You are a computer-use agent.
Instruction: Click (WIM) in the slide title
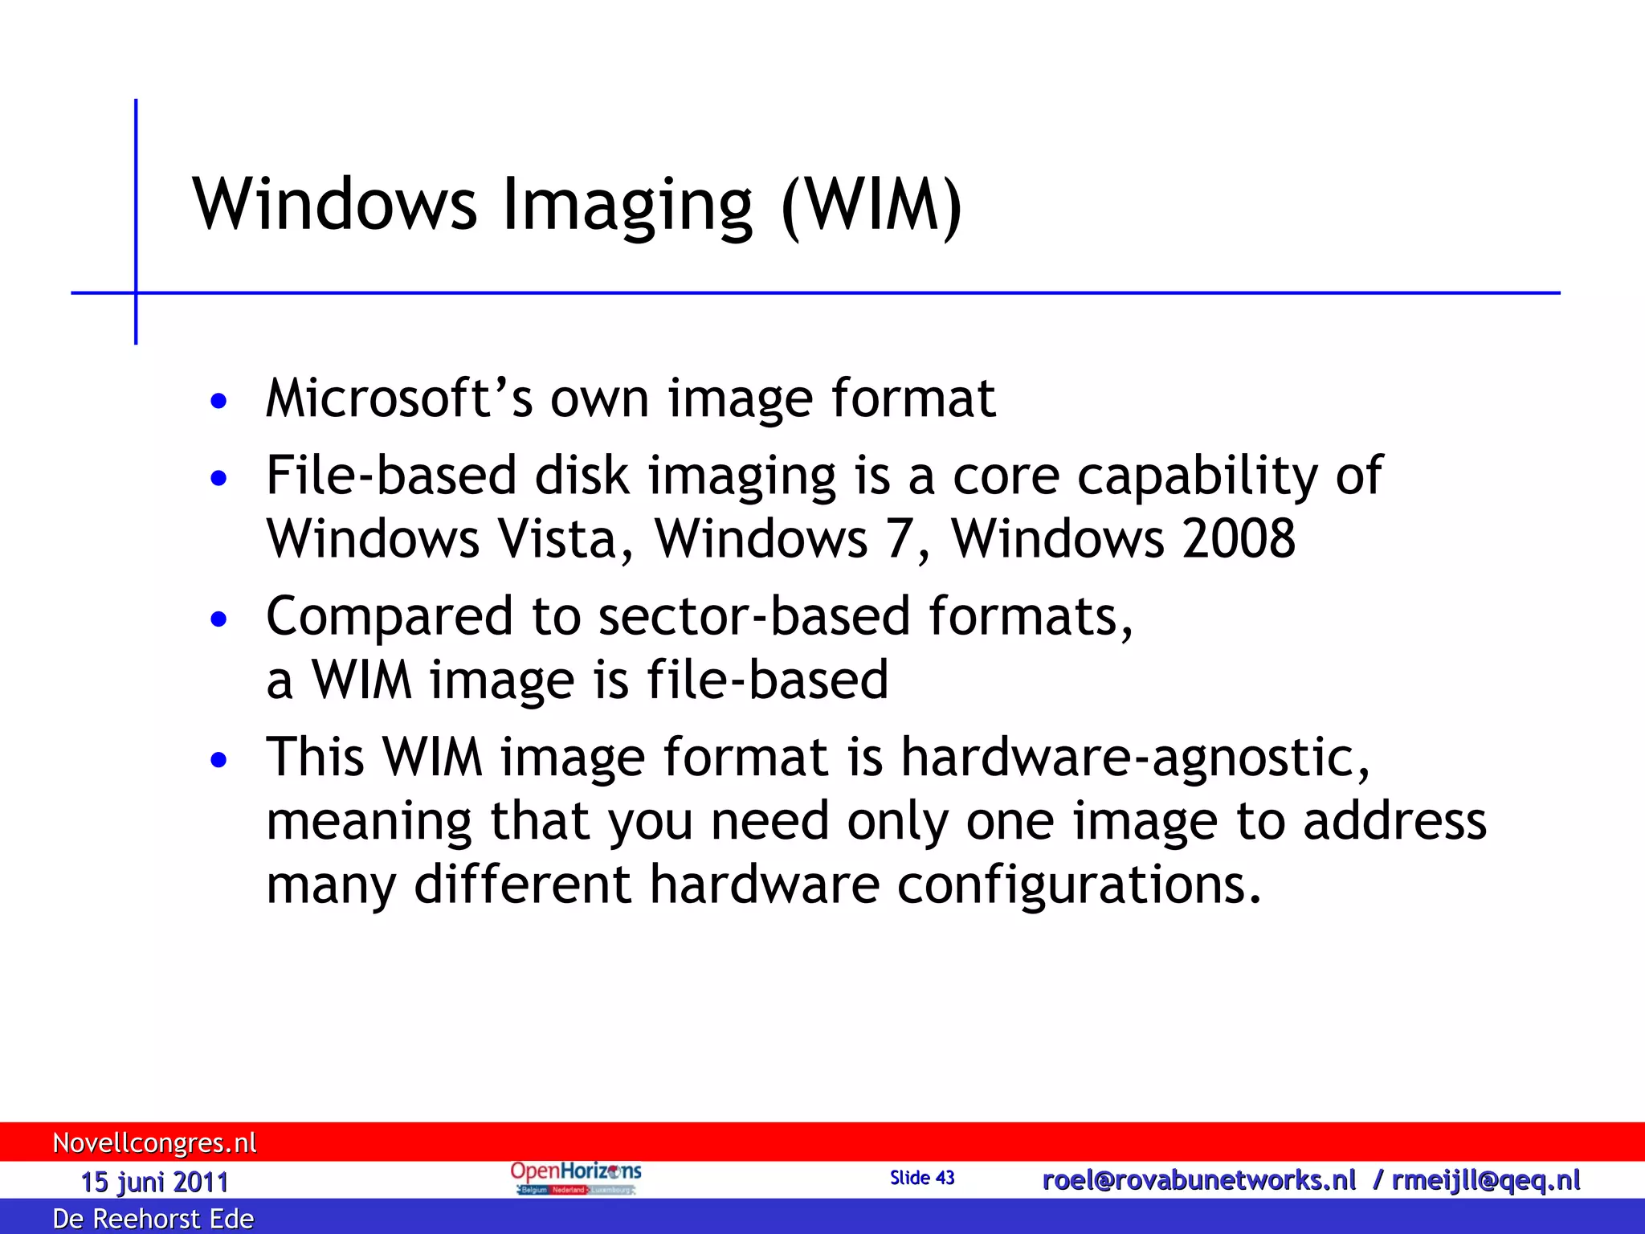tap(871, 205)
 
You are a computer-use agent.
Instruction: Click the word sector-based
tap(753, 616)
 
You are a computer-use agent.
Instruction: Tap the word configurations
tap(1079, 884)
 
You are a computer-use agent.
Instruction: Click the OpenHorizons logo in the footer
tap(575, 1178)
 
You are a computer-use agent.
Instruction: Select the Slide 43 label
tap(922, 1178)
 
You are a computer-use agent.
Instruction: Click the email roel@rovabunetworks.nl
tap(1198, 1179)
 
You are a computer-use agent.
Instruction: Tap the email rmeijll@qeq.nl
tap(1486, 1179)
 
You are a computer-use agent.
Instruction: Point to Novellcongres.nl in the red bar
tap(154, 1142)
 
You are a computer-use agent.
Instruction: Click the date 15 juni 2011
tap(154, 1182)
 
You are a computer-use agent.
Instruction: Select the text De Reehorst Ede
tap(153, 1219)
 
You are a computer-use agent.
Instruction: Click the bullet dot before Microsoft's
tap(218, 401)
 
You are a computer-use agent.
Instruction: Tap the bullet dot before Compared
tap(218, 619)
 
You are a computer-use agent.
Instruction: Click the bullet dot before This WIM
tap(218, 760)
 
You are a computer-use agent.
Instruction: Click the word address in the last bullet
tap(1394, 821)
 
